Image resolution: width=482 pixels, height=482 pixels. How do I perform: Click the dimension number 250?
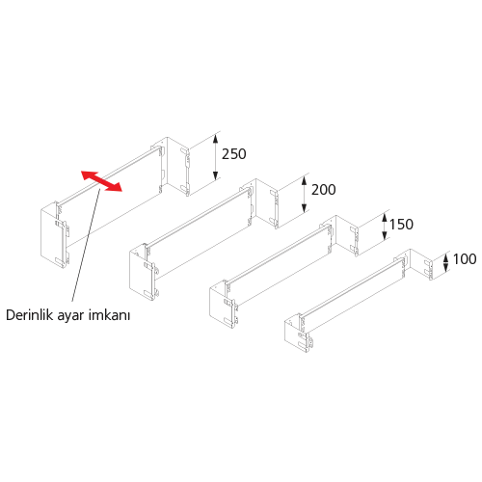pyautogui.click(x=234, y=154)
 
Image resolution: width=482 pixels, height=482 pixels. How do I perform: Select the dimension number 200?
pyautogui.click(x=324, y=190)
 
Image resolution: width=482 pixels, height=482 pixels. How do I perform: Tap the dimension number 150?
pyautogui.click(x=401, y=225)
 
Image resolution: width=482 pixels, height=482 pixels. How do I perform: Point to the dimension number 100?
pyautogui.click(x=465, y=259)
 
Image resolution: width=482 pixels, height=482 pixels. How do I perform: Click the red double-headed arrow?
pyautogui.click(x=101, y=181)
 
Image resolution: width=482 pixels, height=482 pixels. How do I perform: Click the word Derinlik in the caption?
pyautogui.click(x=29, y=315)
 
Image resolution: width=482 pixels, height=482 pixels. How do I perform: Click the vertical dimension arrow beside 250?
pyautogui.click(x=216, y=157)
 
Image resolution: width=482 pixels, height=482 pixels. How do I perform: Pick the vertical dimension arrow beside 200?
pyautogui.click(x=305, y=194)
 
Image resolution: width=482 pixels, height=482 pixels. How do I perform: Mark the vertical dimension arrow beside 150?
pyautogui.click(x=385, y=228)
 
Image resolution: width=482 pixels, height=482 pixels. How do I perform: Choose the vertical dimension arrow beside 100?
pyautogui.click(x=445, y=263)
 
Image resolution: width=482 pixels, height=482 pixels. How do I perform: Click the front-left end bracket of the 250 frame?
pyautogui.click(x=55, y=235)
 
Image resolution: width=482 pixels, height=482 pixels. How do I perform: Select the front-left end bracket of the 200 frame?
pyautogui.click(x=143, y=272)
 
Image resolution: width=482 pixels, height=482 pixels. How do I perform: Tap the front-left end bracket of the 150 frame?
pyautogui.click(x=224, y=305)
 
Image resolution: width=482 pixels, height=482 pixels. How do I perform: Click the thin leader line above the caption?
pyautogui.click(x=87, y=245)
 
